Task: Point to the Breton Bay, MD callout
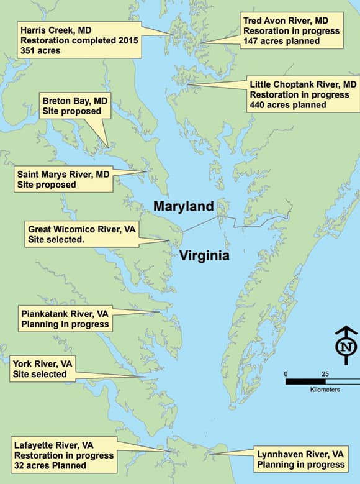75,106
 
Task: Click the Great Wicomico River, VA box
81,234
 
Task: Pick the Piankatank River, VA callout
65,319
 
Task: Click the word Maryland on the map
184,206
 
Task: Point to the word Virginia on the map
205,256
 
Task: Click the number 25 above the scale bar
325,373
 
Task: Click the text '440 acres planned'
288,105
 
